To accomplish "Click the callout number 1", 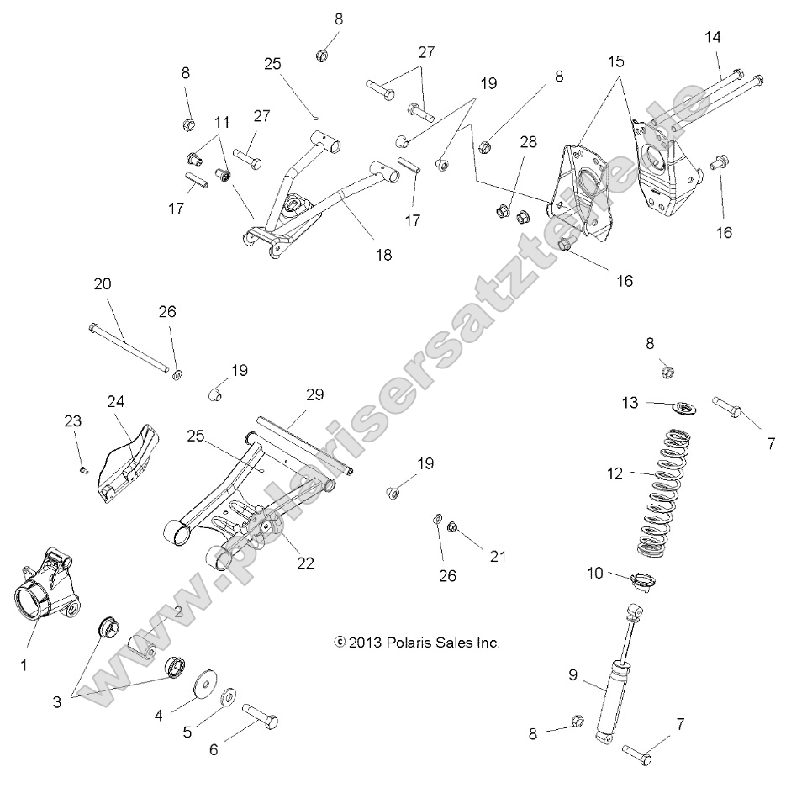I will tap(24, 665).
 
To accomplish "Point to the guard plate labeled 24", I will tap(126, 461).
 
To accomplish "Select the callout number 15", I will tap(616, 62).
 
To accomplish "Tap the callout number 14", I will tap(713, 37).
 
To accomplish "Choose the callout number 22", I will tap(305, 563).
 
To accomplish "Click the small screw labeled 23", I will tap(84, 469).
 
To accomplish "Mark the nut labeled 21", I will tap(451, 526).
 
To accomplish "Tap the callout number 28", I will tap(504, 145).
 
